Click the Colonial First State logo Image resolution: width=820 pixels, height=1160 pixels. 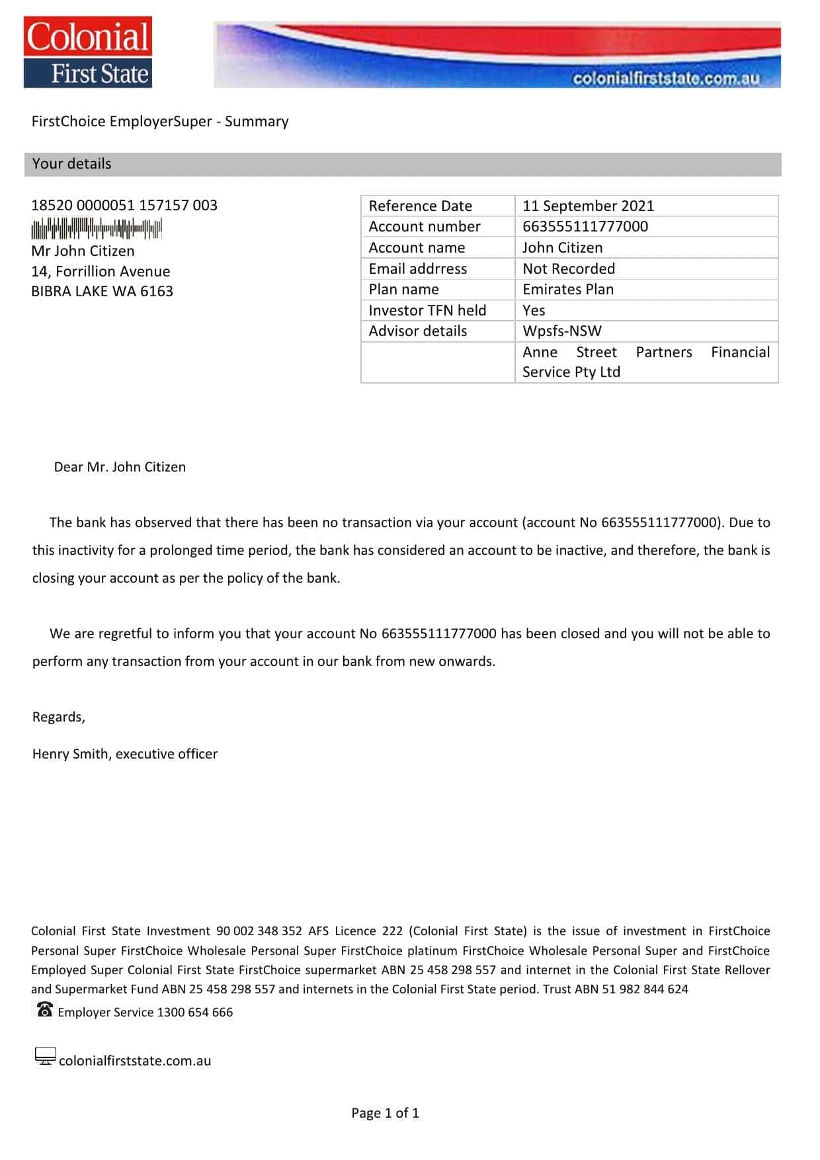88,53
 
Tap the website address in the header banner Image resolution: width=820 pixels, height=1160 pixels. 665,79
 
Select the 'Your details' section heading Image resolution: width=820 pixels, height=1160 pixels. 71,164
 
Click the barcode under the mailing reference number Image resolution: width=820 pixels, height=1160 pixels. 97,229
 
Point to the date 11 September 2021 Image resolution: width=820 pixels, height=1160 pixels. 588,206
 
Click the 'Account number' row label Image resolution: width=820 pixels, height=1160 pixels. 425,227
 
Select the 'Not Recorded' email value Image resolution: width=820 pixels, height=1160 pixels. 569,269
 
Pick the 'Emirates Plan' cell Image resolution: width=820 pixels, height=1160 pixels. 568,290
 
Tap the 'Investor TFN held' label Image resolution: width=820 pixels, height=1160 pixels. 427,310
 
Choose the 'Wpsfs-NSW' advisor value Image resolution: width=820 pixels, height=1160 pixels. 562,331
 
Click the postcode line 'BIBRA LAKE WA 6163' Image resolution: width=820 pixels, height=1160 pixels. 102,292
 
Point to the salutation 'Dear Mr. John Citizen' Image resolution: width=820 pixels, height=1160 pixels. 120,467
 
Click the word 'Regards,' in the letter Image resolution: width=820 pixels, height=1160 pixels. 59,717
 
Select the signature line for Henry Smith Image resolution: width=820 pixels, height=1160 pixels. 125,754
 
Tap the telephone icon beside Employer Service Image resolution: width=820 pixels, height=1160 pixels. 44,1010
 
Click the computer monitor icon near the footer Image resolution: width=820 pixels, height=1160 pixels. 45,1056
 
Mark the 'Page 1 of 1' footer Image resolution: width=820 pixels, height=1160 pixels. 385,1113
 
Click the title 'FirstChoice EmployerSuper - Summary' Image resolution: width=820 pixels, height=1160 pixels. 160,122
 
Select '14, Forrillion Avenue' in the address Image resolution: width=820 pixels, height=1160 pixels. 101,272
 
